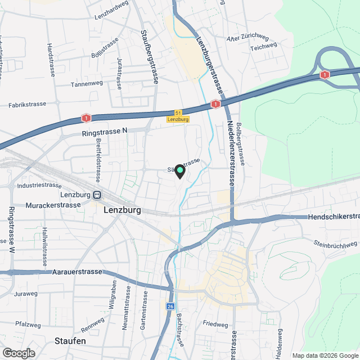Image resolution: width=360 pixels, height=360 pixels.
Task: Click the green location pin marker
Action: point(179,171)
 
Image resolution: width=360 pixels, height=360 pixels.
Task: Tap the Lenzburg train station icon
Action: point(97,195)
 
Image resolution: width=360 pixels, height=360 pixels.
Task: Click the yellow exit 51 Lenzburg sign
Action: point(178,116)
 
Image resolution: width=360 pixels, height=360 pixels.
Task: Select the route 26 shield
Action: point(170,307)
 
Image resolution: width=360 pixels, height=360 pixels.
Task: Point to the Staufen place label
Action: point(70,341)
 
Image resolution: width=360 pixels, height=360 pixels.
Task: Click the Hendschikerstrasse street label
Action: point(334,217)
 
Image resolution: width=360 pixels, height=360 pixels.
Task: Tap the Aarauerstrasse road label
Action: point(78,272)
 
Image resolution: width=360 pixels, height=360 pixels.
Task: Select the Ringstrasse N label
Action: point(105,130)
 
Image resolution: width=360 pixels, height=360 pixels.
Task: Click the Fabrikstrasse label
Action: point(28,105)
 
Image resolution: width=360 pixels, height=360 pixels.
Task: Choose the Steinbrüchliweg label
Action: point(335,244)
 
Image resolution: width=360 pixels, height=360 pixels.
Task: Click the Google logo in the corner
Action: point(18,353)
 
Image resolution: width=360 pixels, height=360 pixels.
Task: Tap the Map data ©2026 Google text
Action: point(325,355)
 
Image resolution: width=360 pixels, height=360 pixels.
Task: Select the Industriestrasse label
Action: point(39,185)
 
